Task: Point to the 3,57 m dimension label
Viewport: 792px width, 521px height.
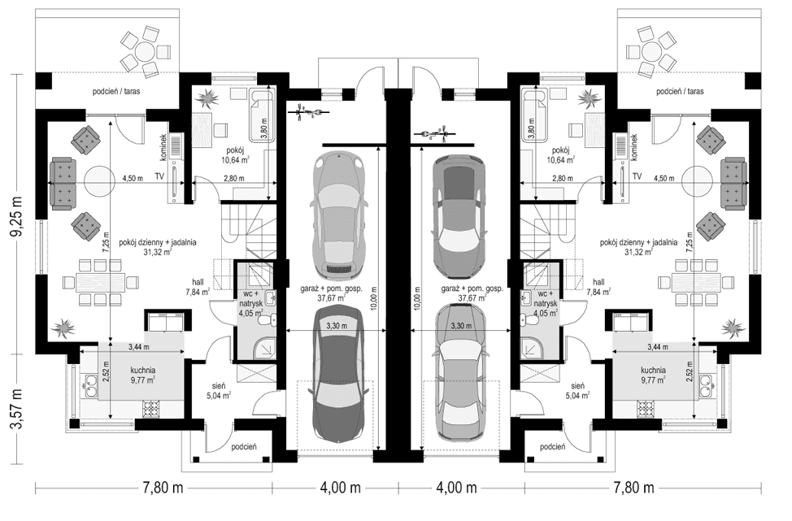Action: [x=16, y=413]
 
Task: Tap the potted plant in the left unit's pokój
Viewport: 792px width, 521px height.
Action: [x=209, y=99]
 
